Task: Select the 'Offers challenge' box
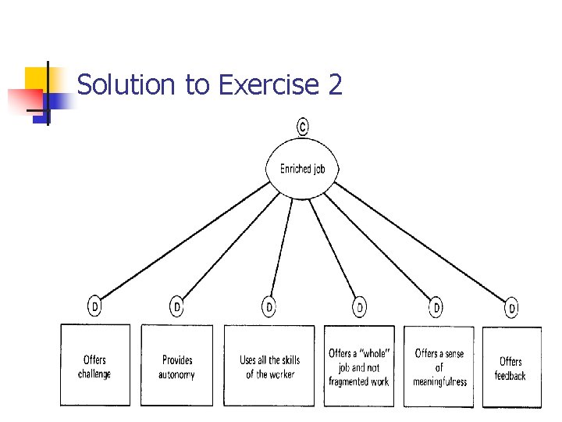click(x=95, y=366)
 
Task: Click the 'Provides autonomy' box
click(x=176, y=366)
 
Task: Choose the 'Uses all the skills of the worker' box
click(x=269, y=366)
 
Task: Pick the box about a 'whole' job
click(x=359, y=366)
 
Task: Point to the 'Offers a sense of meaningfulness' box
click(x=439, y=366)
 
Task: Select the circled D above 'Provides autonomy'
click(x=177, y=307)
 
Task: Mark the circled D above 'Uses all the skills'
click(x=269, y=307)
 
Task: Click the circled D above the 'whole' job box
click(x=360, y=307)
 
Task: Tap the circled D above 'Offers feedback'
click(x=512, y=308)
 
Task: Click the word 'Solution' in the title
click(x=128, y=84)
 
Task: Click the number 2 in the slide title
click(x=336, y=84)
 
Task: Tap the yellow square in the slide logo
click(x=37, y=79)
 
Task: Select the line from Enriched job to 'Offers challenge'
click(x=183, y=242)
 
